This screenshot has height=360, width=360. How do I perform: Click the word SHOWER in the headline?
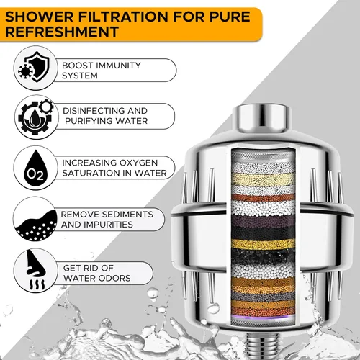click(x=40, y=17)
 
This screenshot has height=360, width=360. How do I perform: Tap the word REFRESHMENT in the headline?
click(x=62, y=32)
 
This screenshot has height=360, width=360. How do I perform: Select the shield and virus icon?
click(x=35, y=67)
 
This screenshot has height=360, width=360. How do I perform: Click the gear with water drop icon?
click(x=36, y=117)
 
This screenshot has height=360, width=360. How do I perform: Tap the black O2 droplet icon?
click(x=35, y=168)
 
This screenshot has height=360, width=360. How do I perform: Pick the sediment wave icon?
click(x=35, y=225)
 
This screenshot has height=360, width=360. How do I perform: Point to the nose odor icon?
click(x=36, y=270)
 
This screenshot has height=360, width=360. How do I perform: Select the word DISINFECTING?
click(x=94, y=111)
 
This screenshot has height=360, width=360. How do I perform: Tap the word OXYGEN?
click(x=138, y=163)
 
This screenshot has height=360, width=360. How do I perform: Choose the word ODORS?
click(x=114, y=278)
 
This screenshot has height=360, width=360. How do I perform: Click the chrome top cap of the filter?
click(x=261, y=118)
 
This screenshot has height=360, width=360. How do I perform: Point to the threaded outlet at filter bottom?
click(x=262, y=346)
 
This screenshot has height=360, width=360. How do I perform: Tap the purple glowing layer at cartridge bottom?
click(x=264, y=318)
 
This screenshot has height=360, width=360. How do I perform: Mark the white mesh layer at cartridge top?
click(x=264, y=156)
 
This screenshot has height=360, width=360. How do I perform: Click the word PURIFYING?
click(x=89, y=121)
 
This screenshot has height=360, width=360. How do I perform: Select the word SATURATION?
click(x=91, y=173)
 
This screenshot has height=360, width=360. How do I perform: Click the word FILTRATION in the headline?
click(x=124, y=17)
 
